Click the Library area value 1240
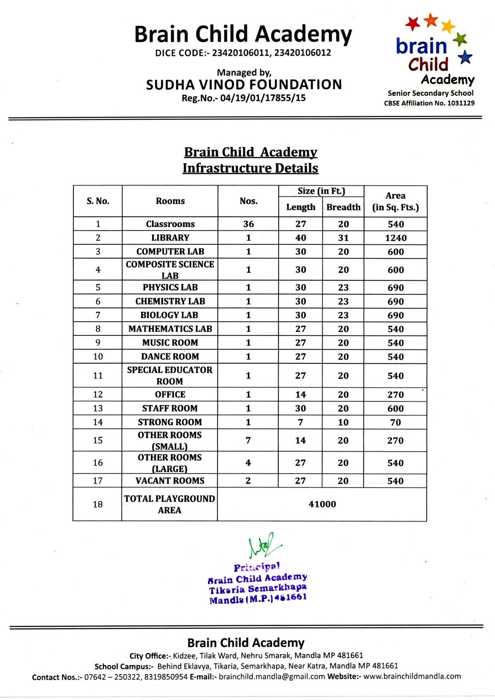pyautogui.click(x=396, y=238)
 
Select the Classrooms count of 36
pyautogui.click(x=248, y=224)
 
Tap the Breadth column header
pyautogui.click(x=343, y=207)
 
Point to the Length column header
pyautogui.click(x=301, y=207)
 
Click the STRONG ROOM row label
pyautogui.click(x=170, y=422)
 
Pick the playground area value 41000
pyautogui.click(x=322, y=504)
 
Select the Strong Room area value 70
pyautogui.click(x=396, y=422)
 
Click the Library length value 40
pyautogui.click(x=301, y=238)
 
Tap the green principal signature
pyautogui.click(x=263, y=545)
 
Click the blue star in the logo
pyautogui.click(x=465, y=57)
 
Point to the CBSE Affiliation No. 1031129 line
pyautogui.click(x=429, y=103)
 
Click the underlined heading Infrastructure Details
pyautogui.click(x=250, y=168)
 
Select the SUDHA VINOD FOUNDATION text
pyautogui.click(x=244, y=85)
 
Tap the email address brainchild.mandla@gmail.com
pyautogui.click(x=272, y=676)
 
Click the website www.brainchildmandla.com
pyautogui.click(x=412, y=676)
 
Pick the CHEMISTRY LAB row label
pyautogui.click(x=170, y=301)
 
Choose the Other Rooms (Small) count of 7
pyautogui.click(x=248, y=440)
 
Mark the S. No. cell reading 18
pyautogui.click(x=98, y=504)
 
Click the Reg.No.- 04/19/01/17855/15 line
pyautogui.click(x=244, y=98)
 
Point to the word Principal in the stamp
pyautogui.click(x=257, y=567)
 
